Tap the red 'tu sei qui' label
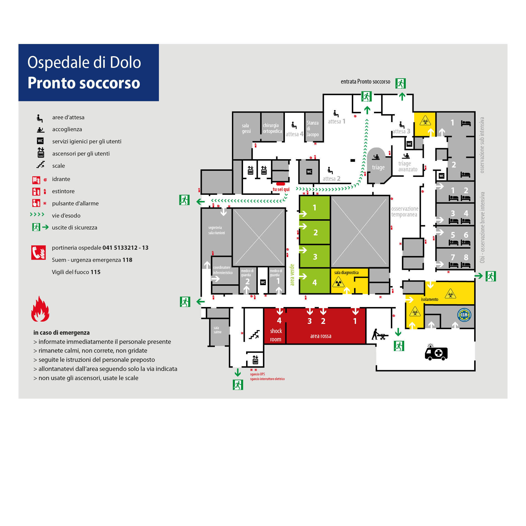[281, 189]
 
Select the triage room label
[378, 167]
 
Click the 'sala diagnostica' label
[346, 273]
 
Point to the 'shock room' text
[276, 335]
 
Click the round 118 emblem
[464, 315]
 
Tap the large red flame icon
[40, 309]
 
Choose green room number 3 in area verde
[315, 257]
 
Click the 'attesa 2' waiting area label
[331, 179]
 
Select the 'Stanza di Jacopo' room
[313, 128]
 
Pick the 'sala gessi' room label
[246, 128]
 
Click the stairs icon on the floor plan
[254, 334]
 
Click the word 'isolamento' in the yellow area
[429, 299]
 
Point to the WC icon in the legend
[40, 141]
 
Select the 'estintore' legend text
[63, 191]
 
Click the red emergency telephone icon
[38, 252]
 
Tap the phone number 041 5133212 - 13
[125, 248]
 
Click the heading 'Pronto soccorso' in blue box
[84, 83]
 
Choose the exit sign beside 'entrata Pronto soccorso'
[400, 83]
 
